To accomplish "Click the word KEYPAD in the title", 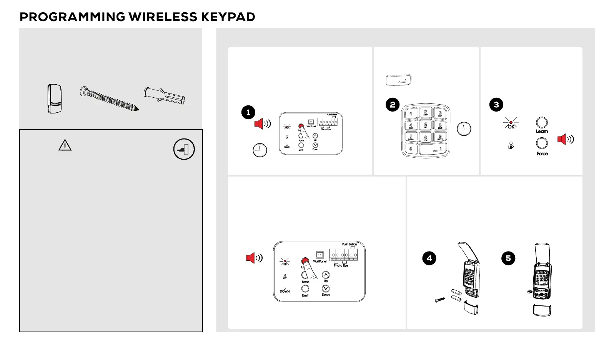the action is tap(228, 17).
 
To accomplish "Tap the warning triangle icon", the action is tap(65, 145).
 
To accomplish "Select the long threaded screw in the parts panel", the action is tap(109, 99).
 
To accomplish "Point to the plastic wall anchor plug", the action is tap(165, 96).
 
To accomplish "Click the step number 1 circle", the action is tap(248, 112).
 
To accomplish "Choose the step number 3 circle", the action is tap(496, 105).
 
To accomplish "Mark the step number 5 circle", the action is tap(508, 258).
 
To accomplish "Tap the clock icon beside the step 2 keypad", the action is tap(464, 129).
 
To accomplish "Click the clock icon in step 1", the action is tap(260, 150).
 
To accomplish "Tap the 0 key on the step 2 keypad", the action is tap(411, 149).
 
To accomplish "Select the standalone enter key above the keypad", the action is tap(399, 80).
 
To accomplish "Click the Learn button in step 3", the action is tap(542, 123).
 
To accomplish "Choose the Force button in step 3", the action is tap(542, 143).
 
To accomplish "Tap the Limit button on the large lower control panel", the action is tap(305, 288).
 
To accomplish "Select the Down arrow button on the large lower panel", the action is tap(326, 288).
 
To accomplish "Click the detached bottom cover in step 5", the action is tap(542, 310).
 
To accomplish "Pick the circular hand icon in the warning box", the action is tap(184, 149).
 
